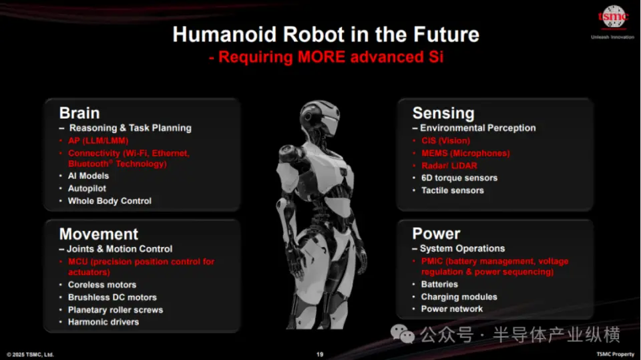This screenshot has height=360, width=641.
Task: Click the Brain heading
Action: point(79,113)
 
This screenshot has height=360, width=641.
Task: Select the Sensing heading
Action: point(443,113)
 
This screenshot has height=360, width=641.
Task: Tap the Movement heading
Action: point(99,234)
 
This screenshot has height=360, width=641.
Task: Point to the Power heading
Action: point(436,234)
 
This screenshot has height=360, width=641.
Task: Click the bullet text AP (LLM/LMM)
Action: point(98,141)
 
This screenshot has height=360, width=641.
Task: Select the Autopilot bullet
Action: point(87,188)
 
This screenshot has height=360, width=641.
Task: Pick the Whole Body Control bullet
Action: point(110,201)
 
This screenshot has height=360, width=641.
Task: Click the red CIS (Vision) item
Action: point(445,141)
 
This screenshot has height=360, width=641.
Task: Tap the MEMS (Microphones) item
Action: point(465,154)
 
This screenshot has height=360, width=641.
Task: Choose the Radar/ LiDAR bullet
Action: point(449,166)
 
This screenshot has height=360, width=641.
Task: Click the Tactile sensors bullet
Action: point(453,190)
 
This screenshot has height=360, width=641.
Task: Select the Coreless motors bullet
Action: point(102,285)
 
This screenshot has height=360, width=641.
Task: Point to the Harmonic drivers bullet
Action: point(103,322)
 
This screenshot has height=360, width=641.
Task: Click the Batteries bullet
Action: point(439,285)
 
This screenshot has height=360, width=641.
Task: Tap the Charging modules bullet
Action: point(459,297)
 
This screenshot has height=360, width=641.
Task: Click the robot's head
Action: point(320,119)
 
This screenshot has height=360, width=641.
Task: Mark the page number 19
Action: point(320,354)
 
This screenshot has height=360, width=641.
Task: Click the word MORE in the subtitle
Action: point(321,57)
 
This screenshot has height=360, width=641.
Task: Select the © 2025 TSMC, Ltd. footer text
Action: point(30,355)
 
